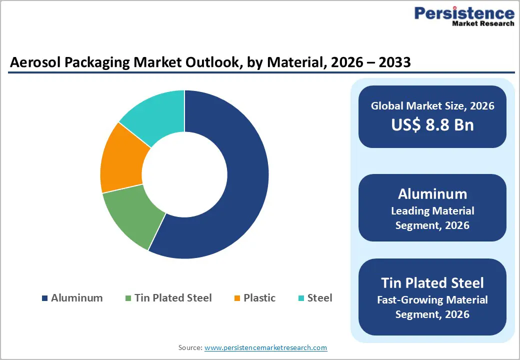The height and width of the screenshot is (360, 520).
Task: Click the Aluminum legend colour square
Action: [x=45, y=298]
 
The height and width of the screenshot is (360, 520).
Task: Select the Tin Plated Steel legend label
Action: [x=173, y=298]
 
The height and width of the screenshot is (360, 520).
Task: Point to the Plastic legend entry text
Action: [x=259, y=298]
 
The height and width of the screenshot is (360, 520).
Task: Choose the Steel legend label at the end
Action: [x=319, y=298]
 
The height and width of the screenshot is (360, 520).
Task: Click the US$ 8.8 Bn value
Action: [x=432, y=125]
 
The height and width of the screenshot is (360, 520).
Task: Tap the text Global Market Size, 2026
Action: [x=432, y=105]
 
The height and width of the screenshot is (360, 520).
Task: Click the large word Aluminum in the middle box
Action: [x=432, y=194]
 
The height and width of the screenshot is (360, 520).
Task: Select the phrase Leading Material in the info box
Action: [x=432, y=211]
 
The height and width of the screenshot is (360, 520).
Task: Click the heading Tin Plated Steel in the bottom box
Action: [x=432, y=283]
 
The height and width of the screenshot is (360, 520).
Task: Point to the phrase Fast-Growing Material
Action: [x=432, y=300]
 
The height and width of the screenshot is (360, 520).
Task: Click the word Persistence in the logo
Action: [x=463, y=13]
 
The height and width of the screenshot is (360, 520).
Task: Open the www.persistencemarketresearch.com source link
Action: [x=265, y=347]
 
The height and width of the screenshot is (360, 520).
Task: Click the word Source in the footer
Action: [x=190, y=347]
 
